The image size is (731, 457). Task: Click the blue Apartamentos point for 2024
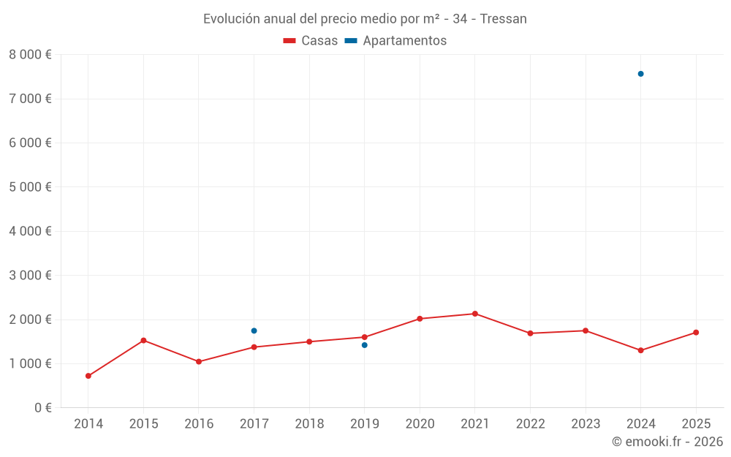click(640, 74)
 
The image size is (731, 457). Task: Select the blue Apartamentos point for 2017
click(254, 331)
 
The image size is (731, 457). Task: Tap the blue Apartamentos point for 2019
click(364, 345)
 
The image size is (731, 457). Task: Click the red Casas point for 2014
click(88, 376)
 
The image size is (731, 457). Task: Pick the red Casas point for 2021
click(475, 314)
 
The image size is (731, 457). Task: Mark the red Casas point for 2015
click(143, 341)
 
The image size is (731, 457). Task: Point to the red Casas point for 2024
click(640, 350)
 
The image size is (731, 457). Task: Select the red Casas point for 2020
click(420, 319)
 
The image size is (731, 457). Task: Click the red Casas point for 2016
click(199, 361)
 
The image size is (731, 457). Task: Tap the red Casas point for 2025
click(696, 333)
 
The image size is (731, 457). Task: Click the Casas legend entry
click(311, 41)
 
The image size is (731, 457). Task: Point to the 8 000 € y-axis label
click(30, 55)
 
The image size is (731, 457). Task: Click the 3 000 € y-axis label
click(30, 276)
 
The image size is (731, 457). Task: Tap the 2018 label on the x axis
click(309, 424)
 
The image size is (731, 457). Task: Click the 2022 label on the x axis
click(530, 424)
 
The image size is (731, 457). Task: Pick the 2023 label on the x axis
click(586, 424)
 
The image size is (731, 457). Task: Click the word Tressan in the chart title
click(503, 19)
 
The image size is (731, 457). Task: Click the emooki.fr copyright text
click(667, 442)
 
